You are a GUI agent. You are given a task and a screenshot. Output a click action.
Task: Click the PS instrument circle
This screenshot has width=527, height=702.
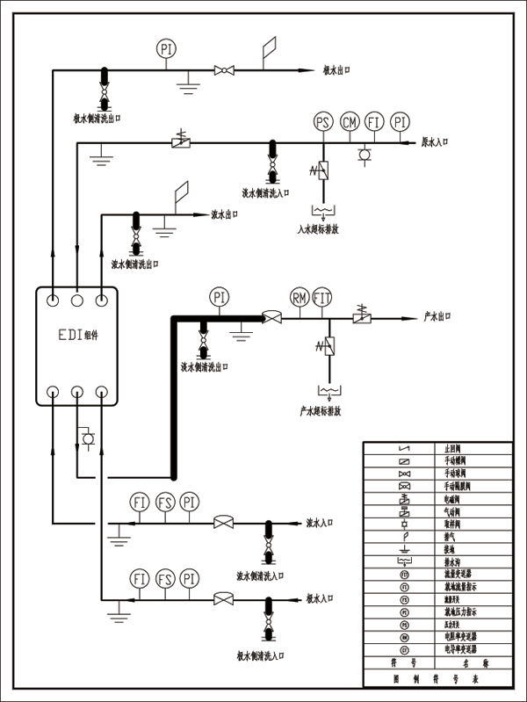[x=324, y=122]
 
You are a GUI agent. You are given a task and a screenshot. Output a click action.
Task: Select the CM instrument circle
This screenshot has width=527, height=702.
[x=350, y=122]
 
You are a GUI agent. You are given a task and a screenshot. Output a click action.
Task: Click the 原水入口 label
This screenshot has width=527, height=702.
[x=436, y=141]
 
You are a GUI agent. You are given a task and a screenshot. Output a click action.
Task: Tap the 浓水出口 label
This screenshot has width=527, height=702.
[x=226, y=213]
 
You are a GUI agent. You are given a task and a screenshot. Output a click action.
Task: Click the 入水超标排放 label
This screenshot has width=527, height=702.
[x=318, y=229]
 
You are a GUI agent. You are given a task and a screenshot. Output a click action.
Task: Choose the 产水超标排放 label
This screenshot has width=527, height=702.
[x=320, y=410]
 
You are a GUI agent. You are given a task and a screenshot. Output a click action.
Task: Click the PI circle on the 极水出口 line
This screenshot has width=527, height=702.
[x=166, y=49]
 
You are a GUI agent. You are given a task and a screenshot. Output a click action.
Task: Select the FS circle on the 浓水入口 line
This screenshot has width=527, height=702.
[x=164, y=503]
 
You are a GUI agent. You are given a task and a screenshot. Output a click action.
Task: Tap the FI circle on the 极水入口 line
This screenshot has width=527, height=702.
[x=139, y=579]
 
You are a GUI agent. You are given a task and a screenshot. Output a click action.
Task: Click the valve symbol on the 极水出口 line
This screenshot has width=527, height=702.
[x=224, y=70]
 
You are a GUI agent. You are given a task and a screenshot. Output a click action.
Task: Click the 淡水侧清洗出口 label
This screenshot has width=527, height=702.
[x=205, y=366]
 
